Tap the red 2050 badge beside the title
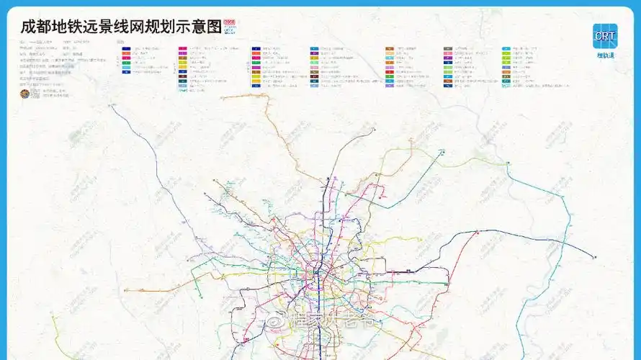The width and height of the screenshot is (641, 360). (230, 24)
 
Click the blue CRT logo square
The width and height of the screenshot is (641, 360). (604, 36)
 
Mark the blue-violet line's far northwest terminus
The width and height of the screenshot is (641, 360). (111, 105)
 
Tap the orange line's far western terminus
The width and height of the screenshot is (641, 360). (125, 290)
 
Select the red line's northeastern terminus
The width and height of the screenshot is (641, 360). (477, 232)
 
